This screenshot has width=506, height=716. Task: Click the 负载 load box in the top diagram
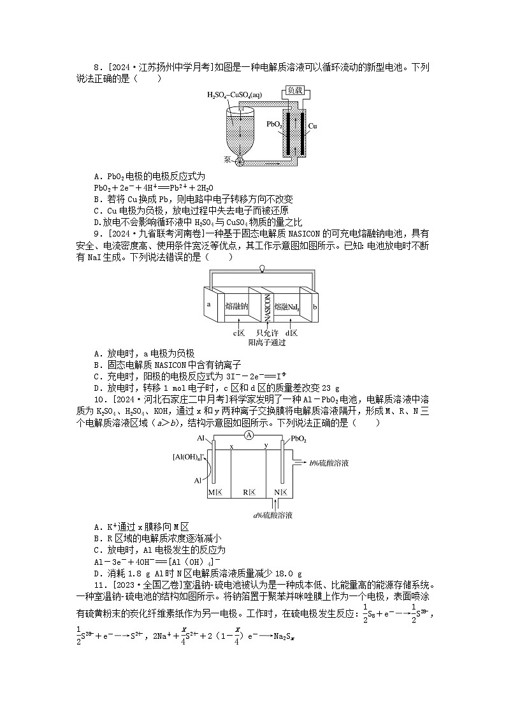pyautogui.click(x=294, y=91)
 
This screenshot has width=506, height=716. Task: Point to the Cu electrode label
pyautogui.click(x=313, y=126)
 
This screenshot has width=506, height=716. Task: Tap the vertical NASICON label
pyautogui.click(x=268, y=307)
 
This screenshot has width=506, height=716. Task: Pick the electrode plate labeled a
pyautogui.click(x=209, y=304)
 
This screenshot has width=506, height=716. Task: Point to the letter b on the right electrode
pyautogui.click(x=315, y=307)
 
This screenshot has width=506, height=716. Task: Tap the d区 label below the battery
pyautogui.click(x=292, y=333)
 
